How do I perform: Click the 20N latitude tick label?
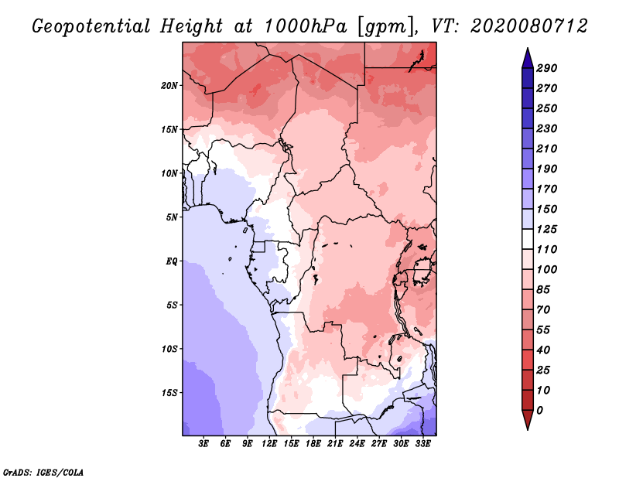169,86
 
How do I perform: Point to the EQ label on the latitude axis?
171,261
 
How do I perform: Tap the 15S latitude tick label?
169,393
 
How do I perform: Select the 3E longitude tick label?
203,444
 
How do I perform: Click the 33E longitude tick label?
422,444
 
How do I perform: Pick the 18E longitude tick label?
313,444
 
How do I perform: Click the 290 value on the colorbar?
547,68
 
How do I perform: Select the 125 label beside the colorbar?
547,229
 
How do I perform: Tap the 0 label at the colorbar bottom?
539,411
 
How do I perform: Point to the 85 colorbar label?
543,290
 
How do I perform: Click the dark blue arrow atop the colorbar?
528,58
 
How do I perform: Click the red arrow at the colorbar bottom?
528,420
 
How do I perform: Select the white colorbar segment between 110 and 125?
528,239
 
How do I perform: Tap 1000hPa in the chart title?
306,26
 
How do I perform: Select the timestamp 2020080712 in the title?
529,26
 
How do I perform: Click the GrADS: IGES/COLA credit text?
43,473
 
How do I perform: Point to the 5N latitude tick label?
172,217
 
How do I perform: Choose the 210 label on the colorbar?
547,149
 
